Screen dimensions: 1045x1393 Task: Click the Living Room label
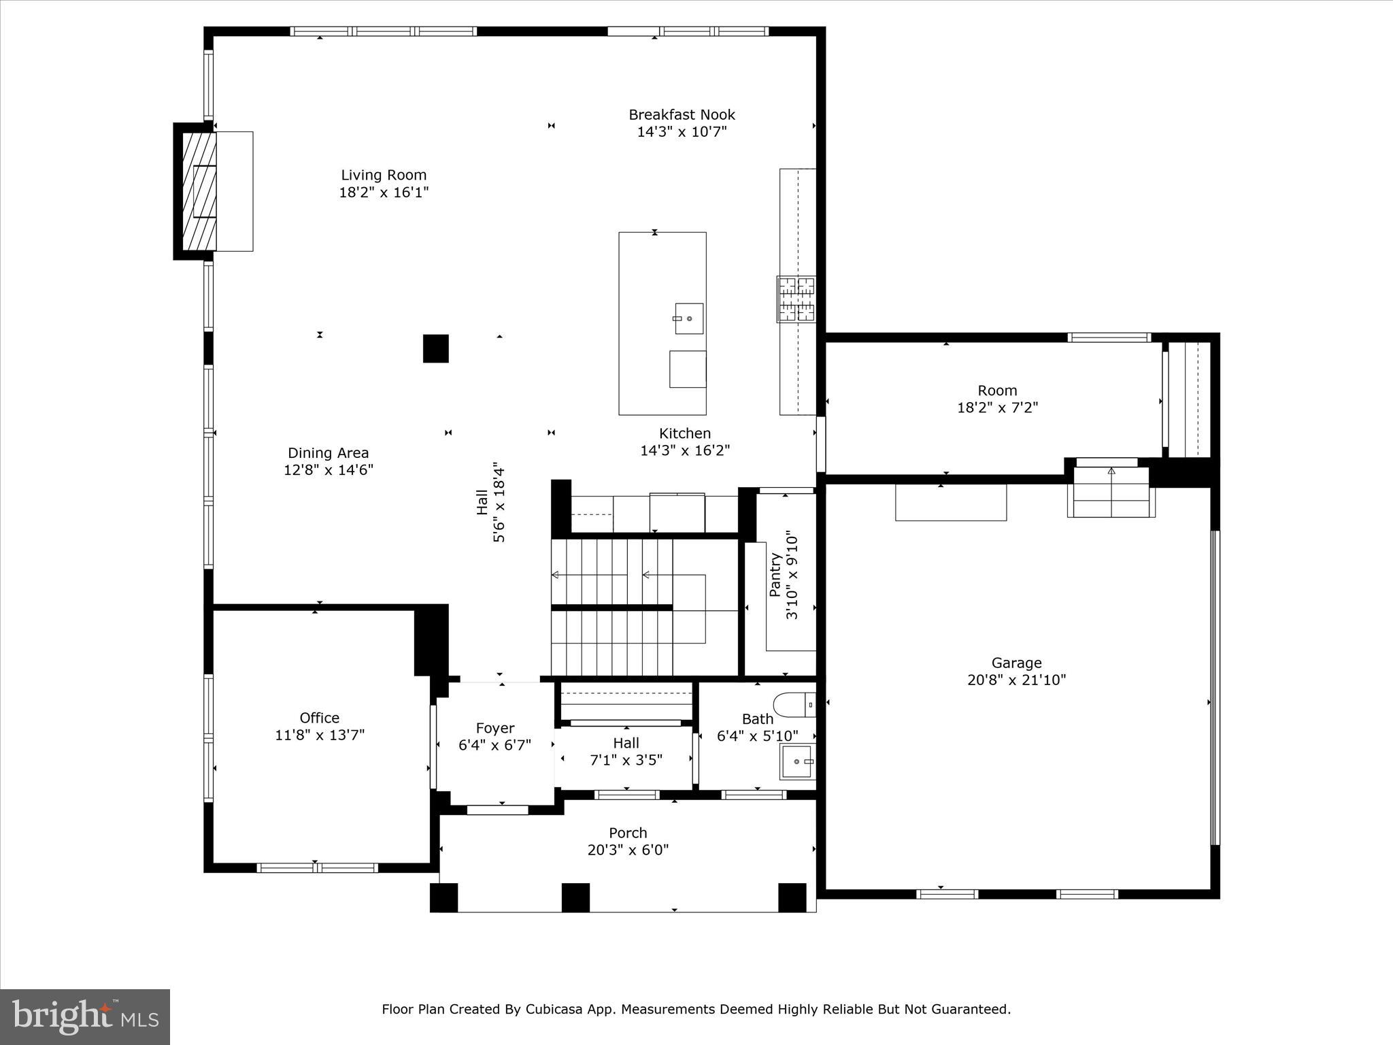(x=384, y=175)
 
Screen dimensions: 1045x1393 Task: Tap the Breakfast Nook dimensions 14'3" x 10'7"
(x=682, y=132)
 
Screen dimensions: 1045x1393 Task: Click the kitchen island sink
(x=689, y=318)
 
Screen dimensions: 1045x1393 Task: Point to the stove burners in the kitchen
(x=796, y=299)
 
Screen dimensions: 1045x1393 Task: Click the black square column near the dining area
(x=436, y=348)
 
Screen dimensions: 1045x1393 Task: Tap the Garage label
(x=1016, y=663)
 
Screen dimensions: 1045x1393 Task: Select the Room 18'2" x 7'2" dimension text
(x=997, y=408)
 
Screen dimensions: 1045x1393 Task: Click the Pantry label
(x=775, y=575)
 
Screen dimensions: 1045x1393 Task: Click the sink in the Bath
(x=796, y=762)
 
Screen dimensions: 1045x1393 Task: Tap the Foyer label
(x=494, y=728)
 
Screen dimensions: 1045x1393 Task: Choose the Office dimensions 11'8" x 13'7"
(x=320, y=735)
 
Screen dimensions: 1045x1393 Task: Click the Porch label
(x=628, y=833)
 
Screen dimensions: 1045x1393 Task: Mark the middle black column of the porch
(x=575, y=897)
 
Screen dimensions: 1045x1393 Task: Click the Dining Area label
(x=328, y=453)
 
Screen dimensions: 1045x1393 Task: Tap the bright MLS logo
(x=85, y=1016)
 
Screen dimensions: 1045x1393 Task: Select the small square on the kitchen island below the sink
(x=688, y=369)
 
